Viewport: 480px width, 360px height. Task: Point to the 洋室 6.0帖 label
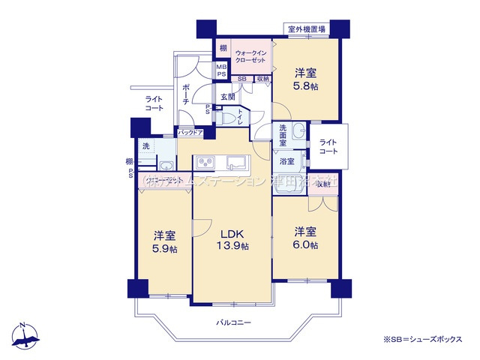305,238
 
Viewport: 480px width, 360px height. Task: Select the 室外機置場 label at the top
306,29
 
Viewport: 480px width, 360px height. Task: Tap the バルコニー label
235,322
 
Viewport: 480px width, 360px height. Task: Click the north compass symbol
25,335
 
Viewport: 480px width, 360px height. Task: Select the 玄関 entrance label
228,97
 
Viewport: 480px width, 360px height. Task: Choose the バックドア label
190,133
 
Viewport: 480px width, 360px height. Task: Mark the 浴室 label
286,161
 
